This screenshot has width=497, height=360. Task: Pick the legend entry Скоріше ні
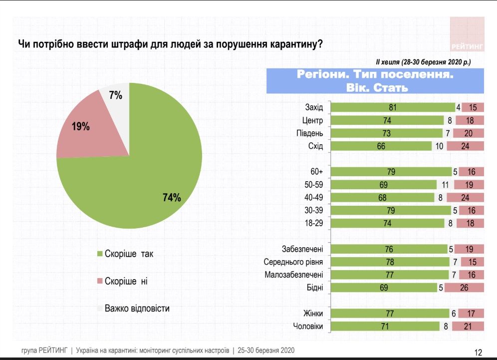coord(125,281)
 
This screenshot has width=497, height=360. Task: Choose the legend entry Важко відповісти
coord(136,308)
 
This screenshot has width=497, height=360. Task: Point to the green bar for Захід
coord(393,107)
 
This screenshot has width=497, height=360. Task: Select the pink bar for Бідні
coord(464,288)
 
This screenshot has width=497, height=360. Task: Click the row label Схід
coord(315,146)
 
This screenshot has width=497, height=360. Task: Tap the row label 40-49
coord(313,198)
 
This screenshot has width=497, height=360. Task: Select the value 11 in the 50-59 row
coord(446,185)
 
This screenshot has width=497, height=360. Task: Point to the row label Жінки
coord(312,314)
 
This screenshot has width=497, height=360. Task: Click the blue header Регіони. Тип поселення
coord(375,75)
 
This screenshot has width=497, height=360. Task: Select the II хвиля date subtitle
coord(423,61)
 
